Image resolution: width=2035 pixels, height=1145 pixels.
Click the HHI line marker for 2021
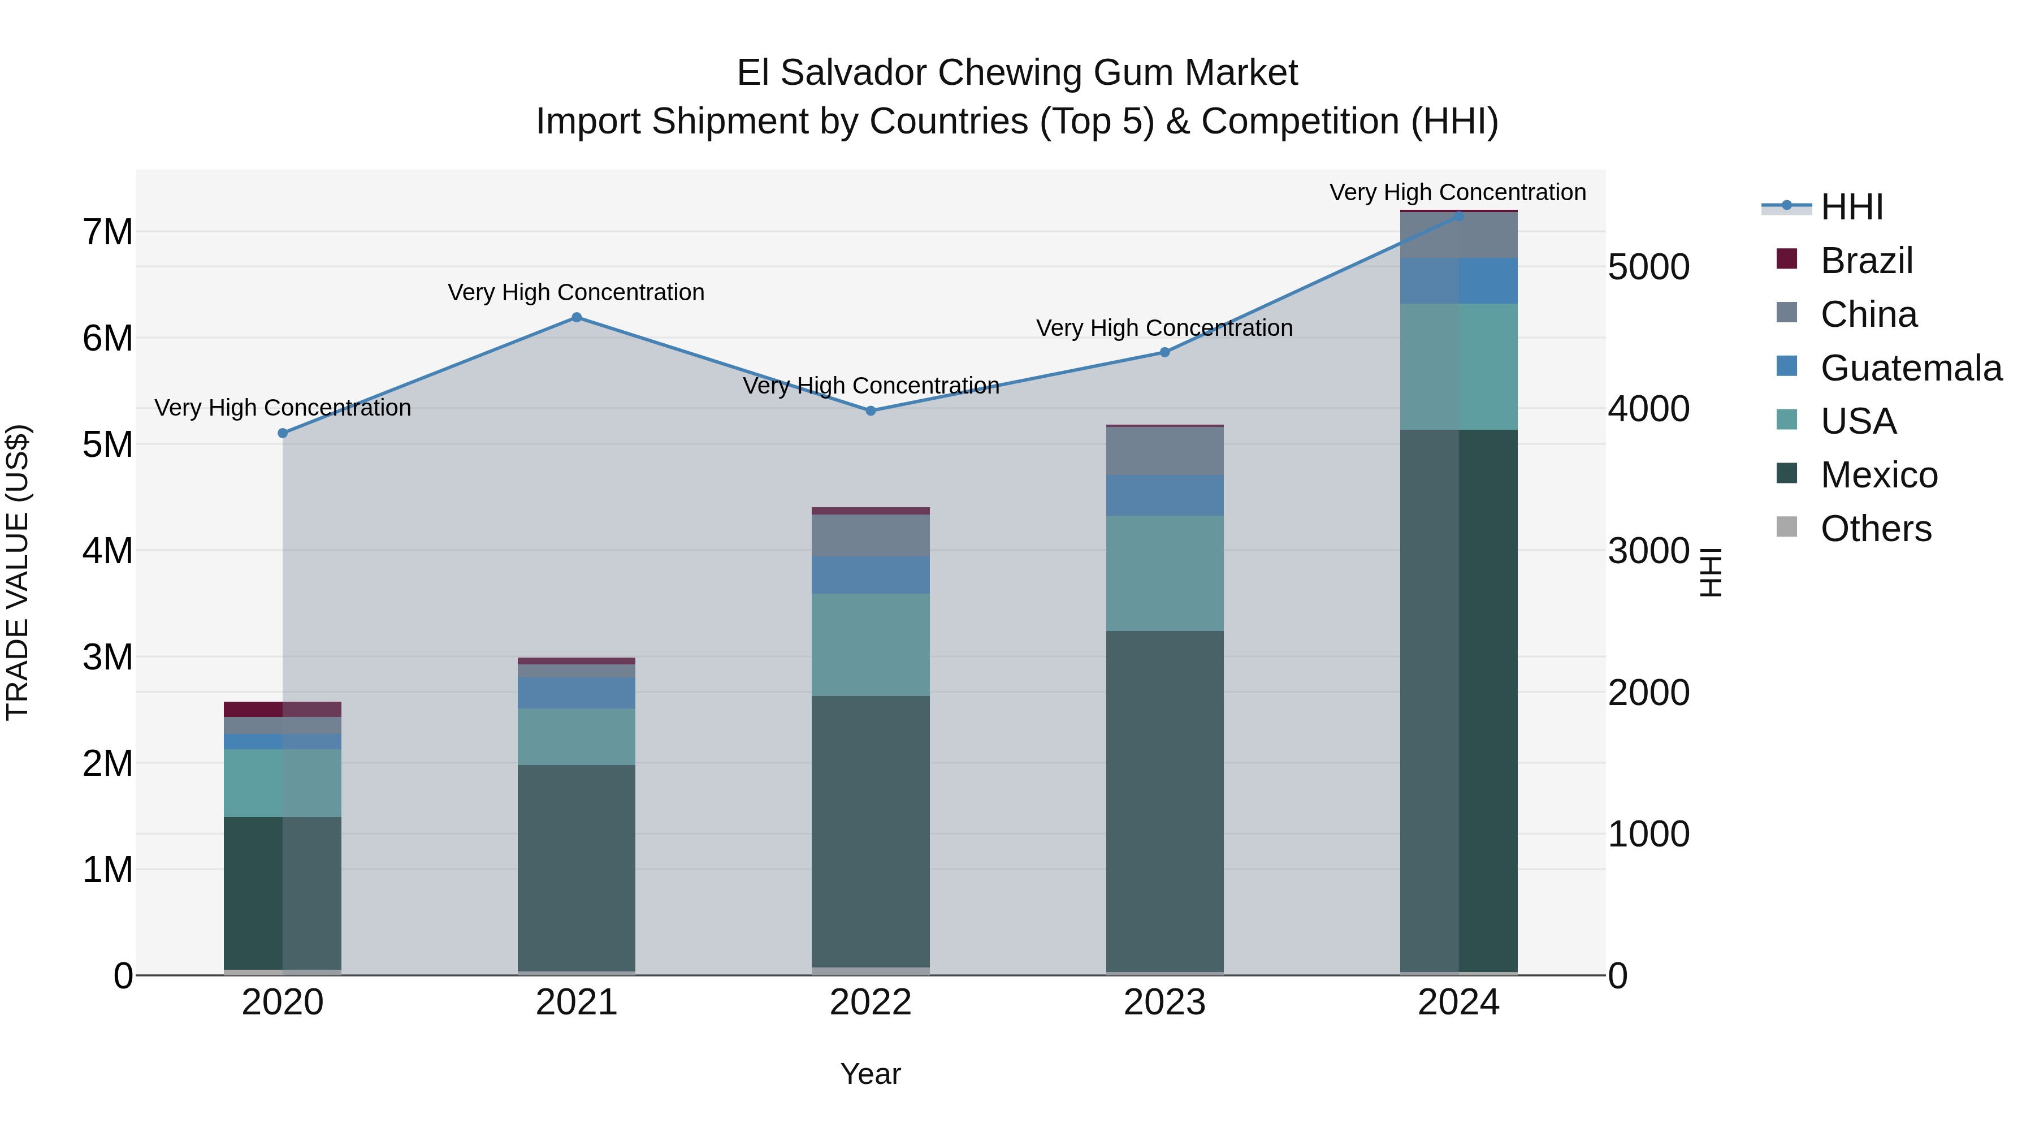(577, 318)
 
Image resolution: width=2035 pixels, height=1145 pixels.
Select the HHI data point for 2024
(1458, 216)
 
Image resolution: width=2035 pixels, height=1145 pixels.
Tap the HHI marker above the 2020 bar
(283, 433)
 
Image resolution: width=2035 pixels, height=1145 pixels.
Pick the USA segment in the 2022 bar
(871, 644)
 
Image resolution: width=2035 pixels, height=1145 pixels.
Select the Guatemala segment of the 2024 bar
(1458, 280)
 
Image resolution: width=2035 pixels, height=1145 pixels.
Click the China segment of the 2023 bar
(1164, 451)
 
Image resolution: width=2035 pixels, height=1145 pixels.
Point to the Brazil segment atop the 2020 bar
(283, 709)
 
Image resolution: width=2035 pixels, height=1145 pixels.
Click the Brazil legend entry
(1866, 261)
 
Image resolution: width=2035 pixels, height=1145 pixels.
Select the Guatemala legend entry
(1910, 368)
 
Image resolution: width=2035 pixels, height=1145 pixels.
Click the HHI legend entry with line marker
(1851, 207)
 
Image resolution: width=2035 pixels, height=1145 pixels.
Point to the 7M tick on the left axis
(107, 232)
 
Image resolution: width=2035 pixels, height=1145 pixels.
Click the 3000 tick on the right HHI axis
(1649, 551)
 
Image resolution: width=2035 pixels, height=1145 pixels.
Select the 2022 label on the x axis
(871, 1003)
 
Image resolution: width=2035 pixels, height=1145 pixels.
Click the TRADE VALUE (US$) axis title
(18, 572)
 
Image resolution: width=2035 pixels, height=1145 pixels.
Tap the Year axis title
(871, 1074)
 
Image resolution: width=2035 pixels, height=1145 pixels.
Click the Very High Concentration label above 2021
(576, 292)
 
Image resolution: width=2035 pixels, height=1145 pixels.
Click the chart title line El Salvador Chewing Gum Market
(1017, 73)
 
